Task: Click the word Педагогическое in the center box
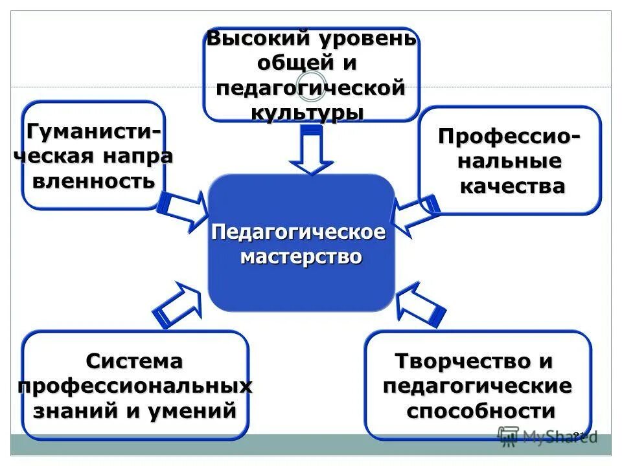[299, 232]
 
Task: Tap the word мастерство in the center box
[301, 256]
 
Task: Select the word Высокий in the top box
[258, 39]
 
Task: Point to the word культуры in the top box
[306, 111]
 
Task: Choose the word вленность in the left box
[94, 181]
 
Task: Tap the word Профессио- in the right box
[509, 137]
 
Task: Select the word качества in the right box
[512, 186]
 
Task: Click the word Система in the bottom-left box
[135, 361]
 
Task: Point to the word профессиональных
[135, 386]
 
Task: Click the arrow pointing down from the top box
[311, 150]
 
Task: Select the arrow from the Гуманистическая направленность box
[183, 211]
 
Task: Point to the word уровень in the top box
[367, 39]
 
